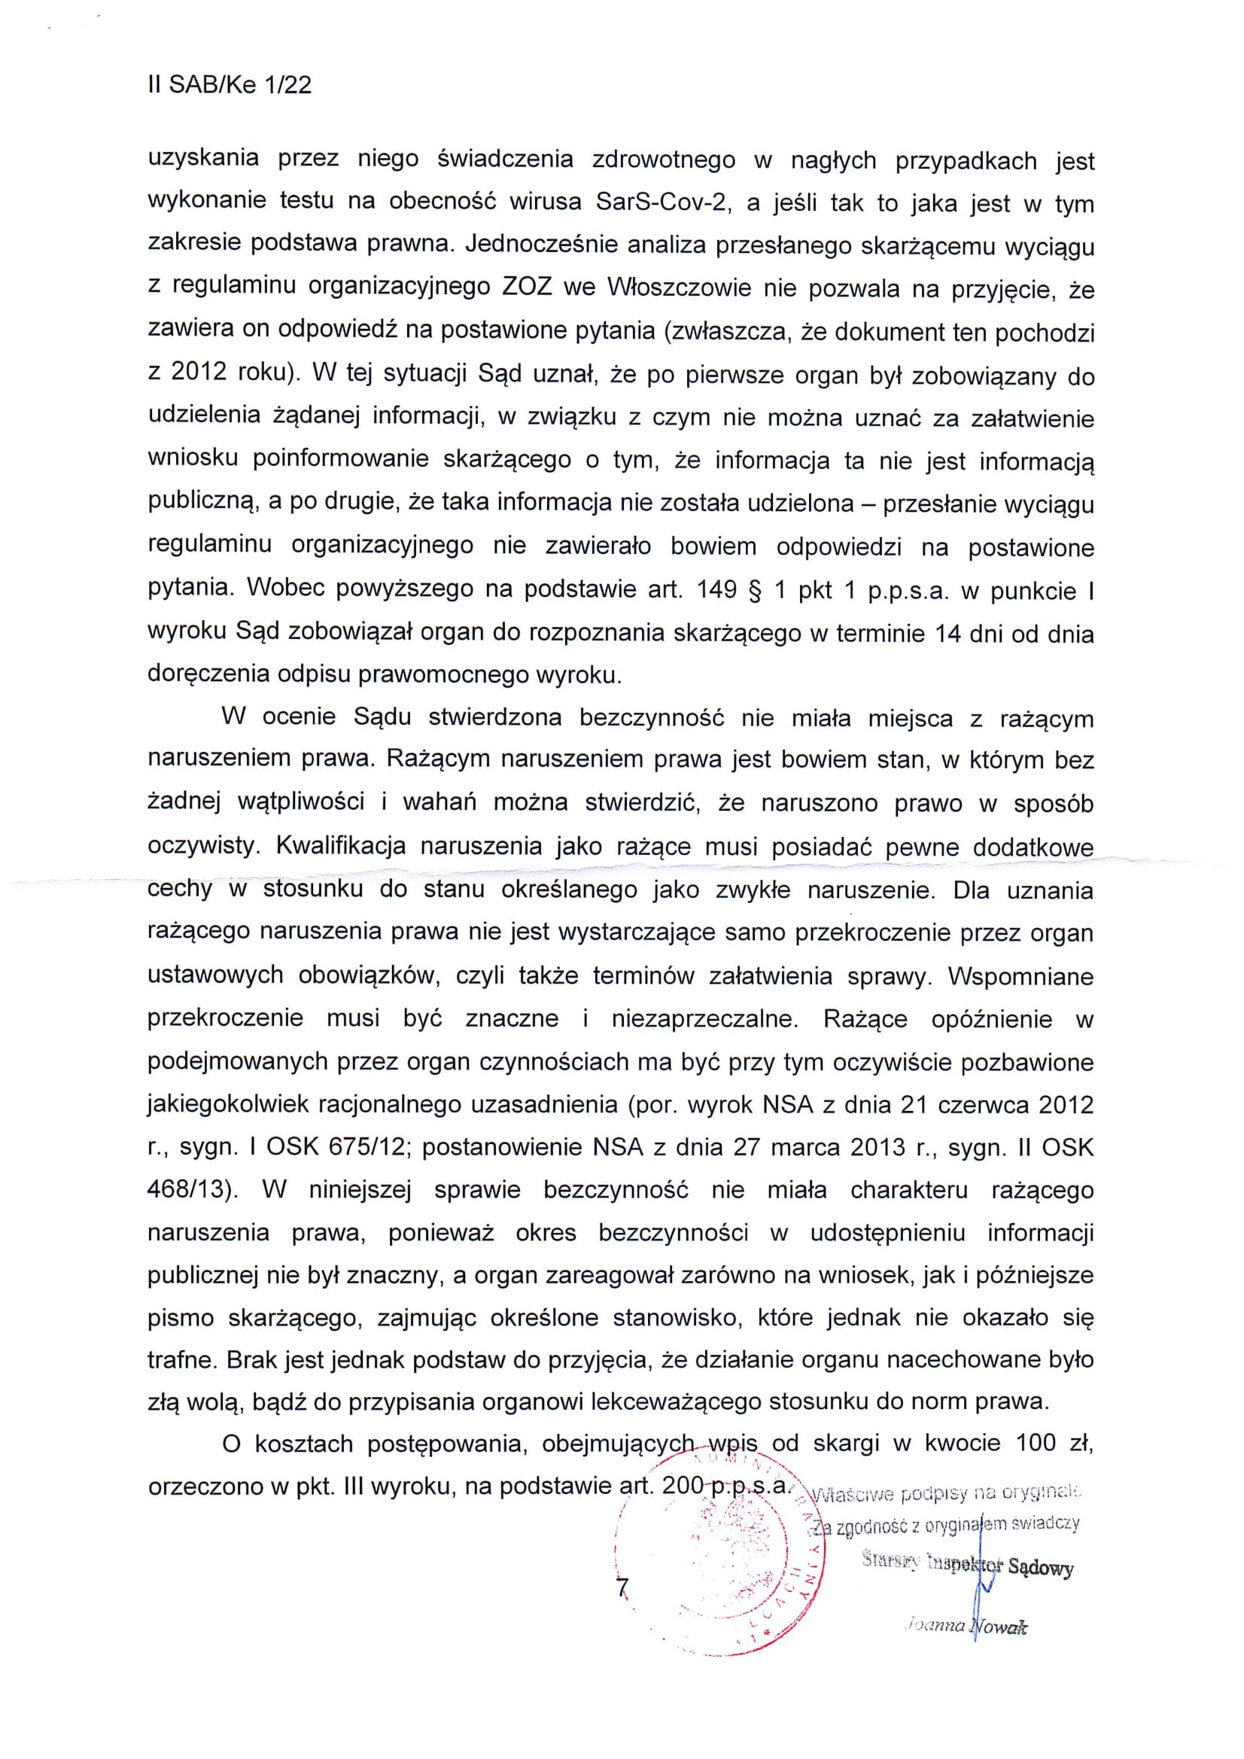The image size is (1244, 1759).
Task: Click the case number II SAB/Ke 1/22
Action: (230, 84)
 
